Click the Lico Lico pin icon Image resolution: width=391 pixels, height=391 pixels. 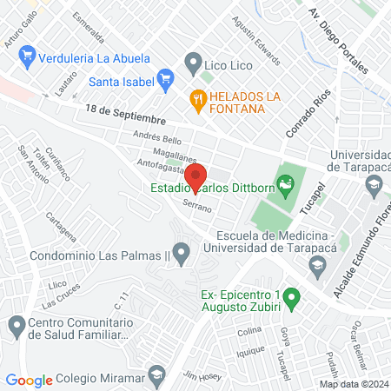[192, 63]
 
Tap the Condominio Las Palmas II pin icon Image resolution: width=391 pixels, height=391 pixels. [181, 255]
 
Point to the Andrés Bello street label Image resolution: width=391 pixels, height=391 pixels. [156, 139]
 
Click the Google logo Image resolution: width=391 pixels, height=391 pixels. [30, 380]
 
